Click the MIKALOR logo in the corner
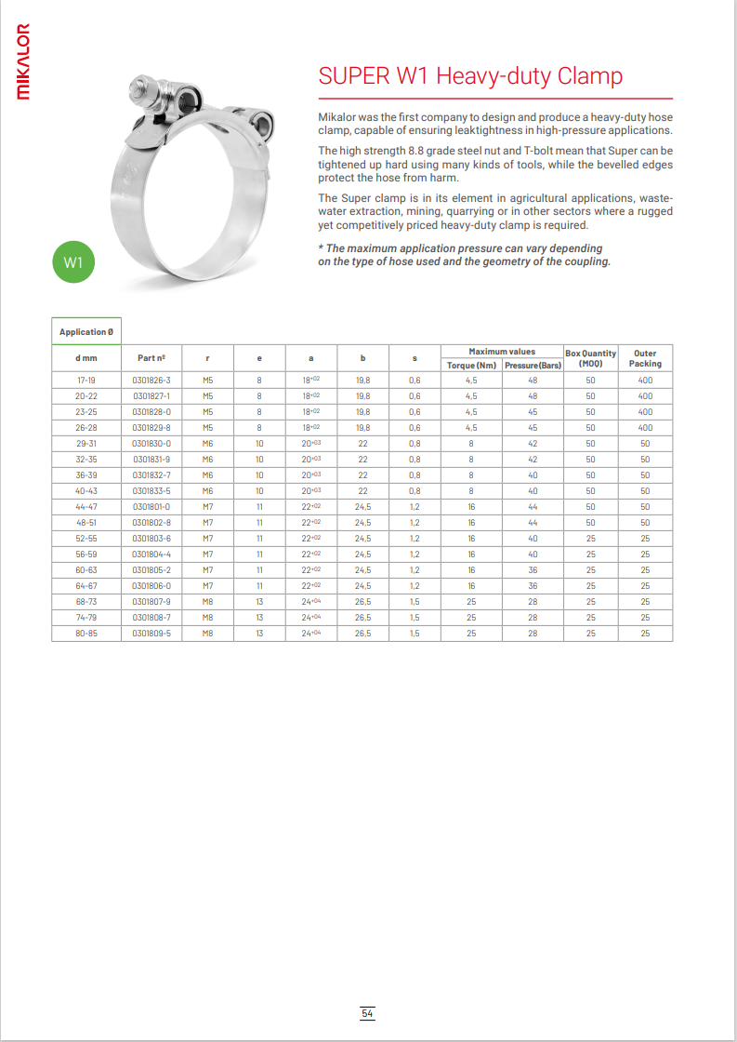(23, 60)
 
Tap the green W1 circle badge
(73, 263)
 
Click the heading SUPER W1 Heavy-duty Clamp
(470, 75)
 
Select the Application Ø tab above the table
(86, 332)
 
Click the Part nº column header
(151, 358)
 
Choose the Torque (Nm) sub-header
(471, 365)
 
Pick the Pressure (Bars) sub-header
(533, 365)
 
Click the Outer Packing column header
(645, 358)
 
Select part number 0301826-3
(151, 381)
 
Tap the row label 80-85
(86, 634)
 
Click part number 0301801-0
(151, 507)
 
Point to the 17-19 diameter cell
(86, 381)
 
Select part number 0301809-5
(151, 634)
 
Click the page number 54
(368, 1013)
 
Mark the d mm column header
(86, 358)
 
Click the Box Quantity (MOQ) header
(590, 358)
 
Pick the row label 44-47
(86, 507)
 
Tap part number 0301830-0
(151, 444)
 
